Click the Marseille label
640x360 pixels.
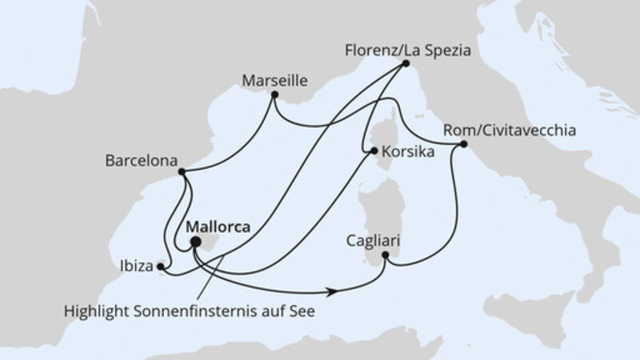tap(274, 80)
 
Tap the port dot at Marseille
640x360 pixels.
tap(274, 96)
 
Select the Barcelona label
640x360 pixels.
tap(140, 160)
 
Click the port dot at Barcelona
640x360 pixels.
tap(182, 172)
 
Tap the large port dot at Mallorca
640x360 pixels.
tap(194, 240)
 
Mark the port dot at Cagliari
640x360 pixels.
tap(386, 256)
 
